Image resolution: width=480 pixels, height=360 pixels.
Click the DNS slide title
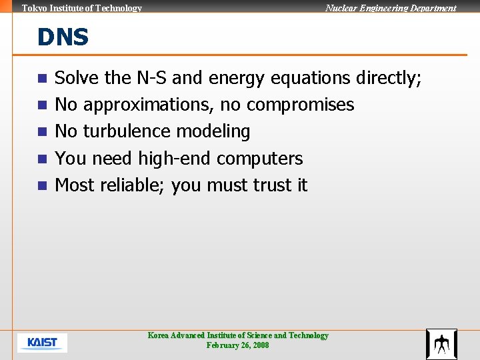[x=63, y=37]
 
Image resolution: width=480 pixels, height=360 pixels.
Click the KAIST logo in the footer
[x=42, y=343]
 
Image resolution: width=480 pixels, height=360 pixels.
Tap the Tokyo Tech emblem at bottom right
[x=441, y=344]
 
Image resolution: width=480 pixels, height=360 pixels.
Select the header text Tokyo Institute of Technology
[x=82, y=8]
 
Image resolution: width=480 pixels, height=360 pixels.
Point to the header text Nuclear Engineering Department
[x=391, y=8]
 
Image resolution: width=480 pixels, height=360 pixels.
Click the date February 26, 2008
[x=238, y=345]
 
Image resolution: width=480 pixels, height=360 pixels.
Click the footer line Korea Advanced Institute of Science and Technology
[x=238, y=335]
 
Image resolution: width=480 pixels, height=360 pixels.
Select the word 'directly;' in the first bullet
[x=389, y=79]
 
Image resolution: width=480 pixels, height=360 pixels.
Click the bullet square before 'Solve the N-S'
[x=42, y=79]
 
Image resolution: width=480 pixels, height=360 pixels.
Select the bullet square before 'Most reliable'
[x=42, y=185]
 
